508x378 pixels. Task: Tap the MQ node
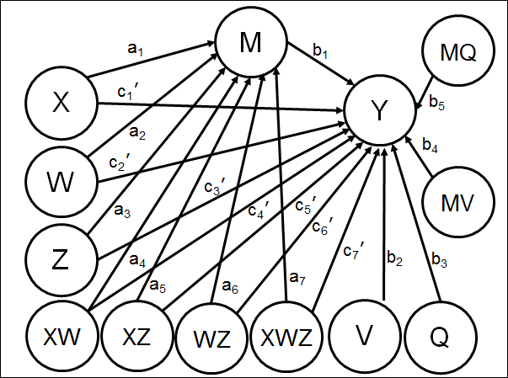click(459, 52)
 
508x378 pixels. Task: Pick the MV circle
click(459, 202)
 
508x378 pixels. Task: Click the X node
click(60, 104)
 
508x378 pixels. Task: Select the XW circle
click(60, 338)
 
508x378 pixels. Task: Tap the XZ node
click(136, 338)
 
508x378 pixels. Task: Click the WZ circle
click(212, 339)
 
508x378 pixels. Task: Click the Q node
click(441, 338)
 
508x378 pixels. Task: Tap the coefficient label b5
click(436, 104)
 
